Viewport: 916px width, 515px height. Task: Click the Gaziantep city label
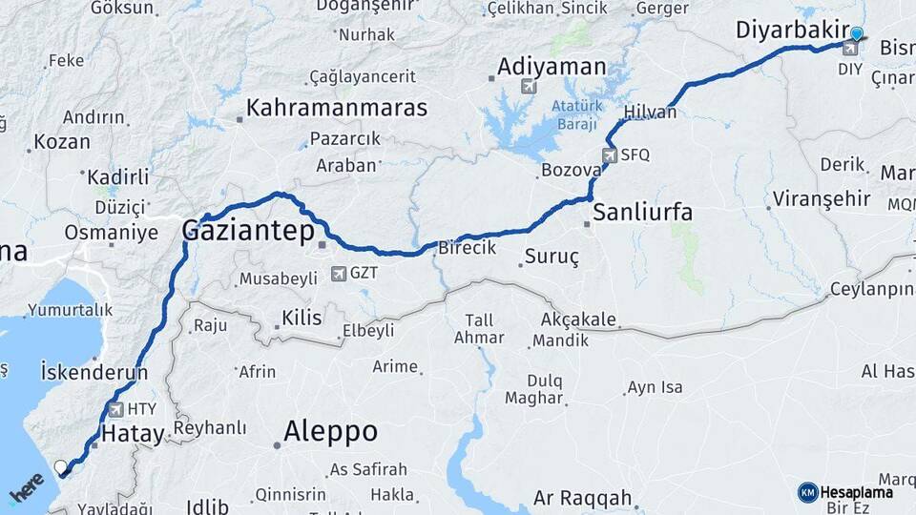pos(243,230)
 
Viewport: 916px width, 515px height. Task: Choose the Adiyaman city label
pos(552,67)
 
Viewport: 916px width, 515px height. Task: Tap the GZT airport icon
pos(338,274)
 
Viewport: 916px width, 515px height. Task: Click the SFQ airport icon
pos(610,154)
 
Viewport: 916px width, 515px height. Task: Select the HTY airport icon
pos(116,409)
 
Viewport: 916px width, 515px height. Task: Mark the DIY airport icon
pos(849,47)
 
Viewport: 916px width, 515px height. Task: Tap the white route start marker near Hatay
pos(62,467)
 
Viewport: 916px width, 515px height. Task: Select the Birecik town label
pos(468,248)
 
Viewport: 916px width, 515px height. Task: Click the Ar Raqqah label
pos(582,498)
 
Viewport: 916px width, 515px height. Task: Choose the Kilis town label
pos(302,318)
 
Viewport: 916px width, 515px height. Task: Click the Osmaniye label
pos(111,232)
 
